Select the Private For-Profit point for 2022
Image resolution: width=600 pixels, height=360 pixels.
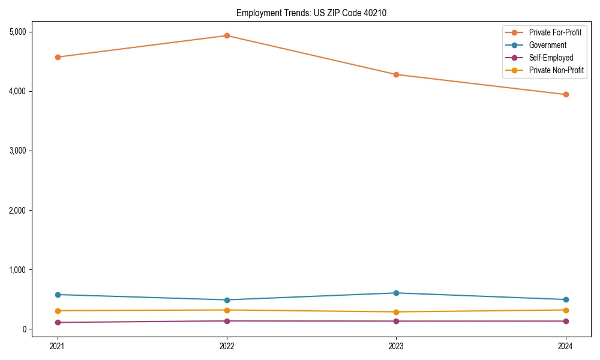tap(227, 35)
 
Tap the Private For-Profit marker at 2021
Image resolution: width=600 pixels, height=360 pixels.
tap(58, 57)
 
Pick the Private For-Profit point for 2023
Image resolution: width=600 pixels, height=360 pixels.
tap(396, 74)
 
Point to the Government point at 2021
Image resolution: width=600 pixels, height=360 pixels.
tap(58, 295)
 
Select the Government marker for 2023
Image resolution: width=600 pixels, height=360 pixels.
tap(396, 293)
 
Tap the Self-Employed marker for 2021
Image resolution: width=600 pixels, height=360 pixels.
tap(58, 322)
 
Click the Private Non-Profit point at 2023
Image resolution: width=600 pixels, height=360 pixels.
tap(396, 312)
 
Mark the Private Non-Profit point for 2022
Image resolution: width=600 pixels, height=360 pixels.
tap(227, 310)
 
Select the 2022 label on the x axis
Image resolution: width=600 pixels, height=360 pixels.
tap(227, 346)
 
